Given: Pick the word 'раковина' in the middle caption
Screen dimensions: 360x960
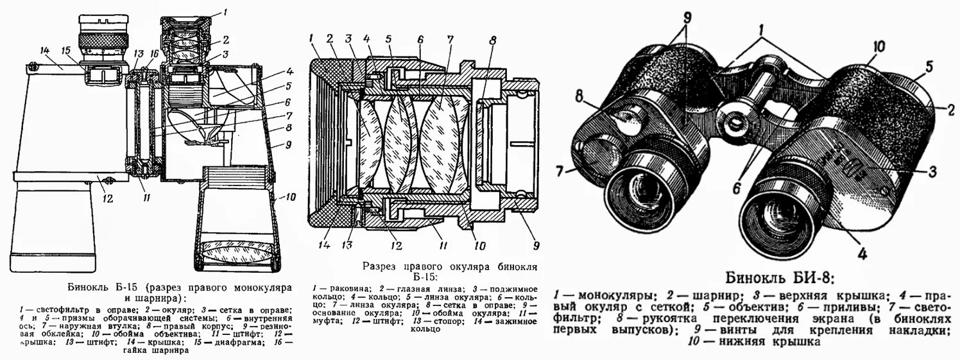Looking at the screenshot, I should click(343, 289).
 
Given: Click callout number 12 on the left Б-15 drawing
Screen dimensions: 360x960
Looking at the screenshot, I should click(108, 199).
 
